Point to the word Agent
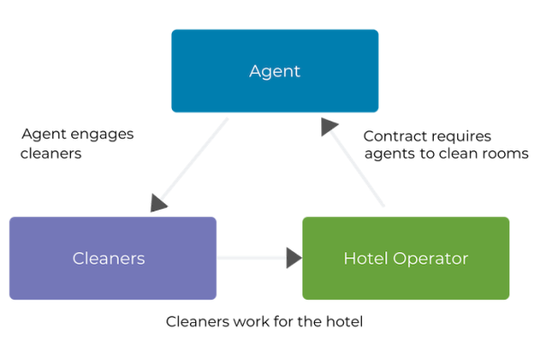[x=274, y=70]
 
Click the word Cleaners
[x=109, y=258]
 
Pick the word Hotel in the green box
[x=364, y=258]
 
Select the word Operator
[x=429, y=258]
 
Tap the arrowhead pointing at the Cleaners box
[x=159, y=204]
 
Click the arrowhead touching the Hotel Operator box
[x=292, y=258]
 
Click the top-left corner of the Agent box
[x=172, y=30]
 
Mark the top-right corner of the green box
[x=508, y=218]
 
